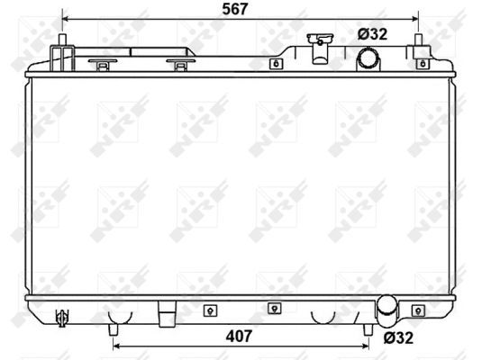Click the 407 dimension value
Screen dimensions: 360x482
(237, 337)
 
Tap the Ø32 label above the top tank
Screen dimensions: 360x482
(372, 34)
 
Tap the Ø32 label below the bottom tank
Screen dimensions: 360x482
(399, 338)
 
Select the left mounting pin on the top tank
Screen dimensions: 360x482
(64, 43)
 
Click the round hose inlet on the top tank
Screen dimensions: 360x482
(369, 59)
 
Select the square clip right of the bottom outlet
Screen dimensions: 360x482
(418, 310)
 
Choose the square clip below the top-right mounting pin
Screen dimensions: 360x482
(422, 64)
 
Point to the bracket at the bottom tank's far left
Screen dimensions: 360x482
(62, 316)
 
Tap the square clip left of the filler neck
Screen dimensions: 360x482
(274, 64)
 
